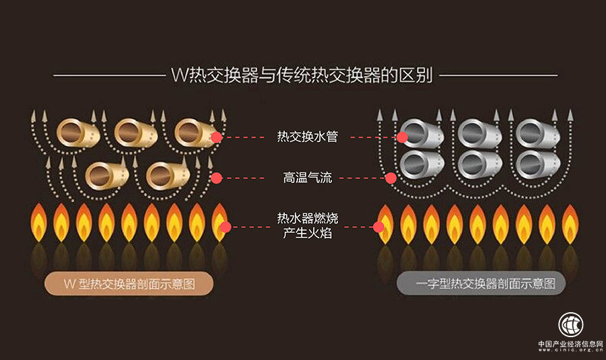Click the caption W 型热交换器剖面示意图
(128, 284)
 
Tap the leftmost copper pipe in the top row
(76, 132)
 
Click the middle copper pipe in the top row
(134, 132)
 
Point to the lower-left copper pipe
(104, 175)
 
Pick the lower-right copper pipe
(165, 175)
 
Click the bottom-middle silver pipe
(479, 164)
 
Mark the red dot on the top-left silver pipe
(402, 137)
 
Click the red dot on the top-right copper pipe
(216, 137)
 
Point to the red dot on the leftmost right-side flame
(378, 227)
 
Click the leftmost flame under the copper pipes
(38, 222)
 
